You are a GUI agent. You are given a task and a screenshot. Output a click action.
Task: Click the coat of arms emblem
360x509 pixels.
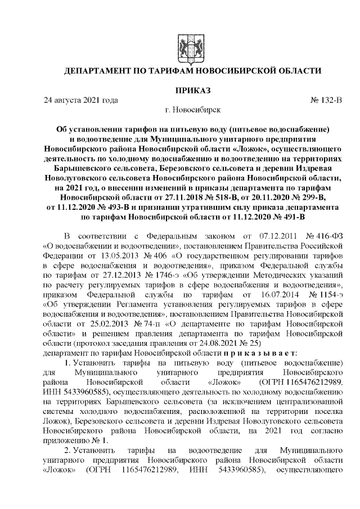pos(192,47)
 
